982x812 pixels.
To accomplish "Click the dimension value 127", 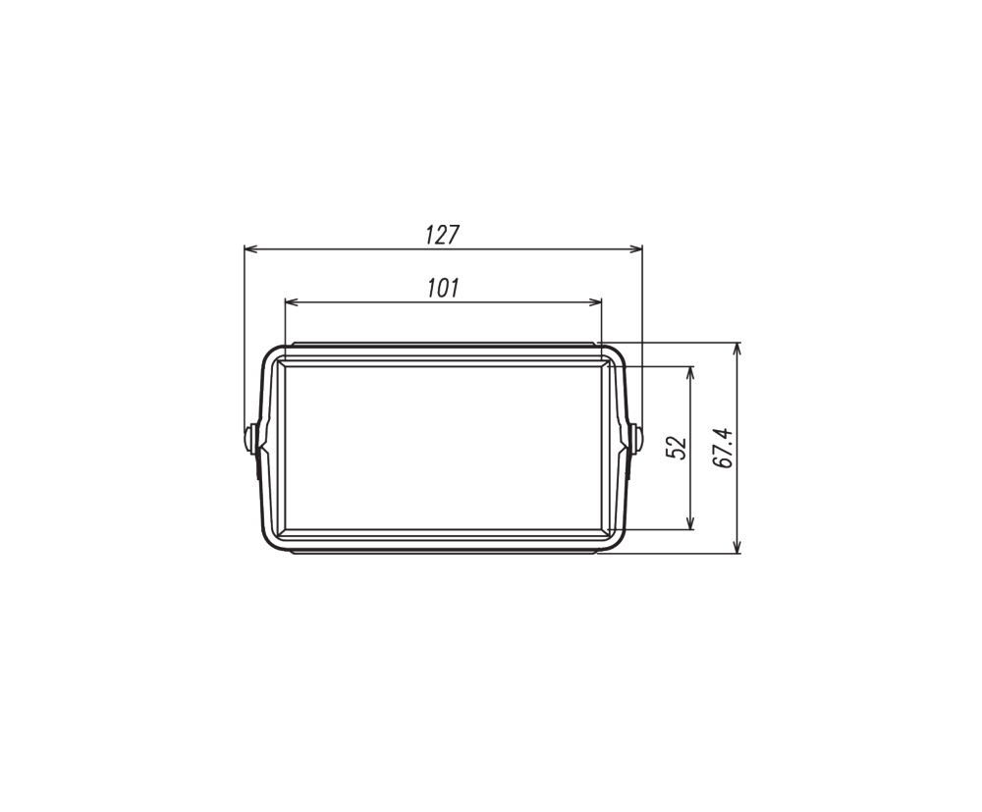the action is coord(443,235).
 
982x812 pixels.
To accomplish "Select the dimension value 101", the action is coord(444,288).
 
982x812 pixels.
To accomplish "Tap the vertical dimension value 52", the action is coord(677,447).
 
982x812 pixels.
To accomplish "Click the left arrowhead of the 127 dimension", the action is coord(250,249).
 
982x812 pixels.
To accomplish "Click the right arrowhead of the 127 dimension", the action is coord(636,249).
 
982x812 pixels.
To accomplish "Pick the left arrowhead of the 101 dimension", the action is coord(292,302).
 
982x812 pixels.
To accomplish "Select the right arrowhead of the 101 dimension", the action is coord(595,302).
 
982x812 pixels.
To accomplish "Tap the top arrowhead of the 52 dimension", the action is coord(690,372).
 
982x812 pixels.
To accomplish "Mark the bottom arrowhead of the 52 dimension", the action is coord(690,522).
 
